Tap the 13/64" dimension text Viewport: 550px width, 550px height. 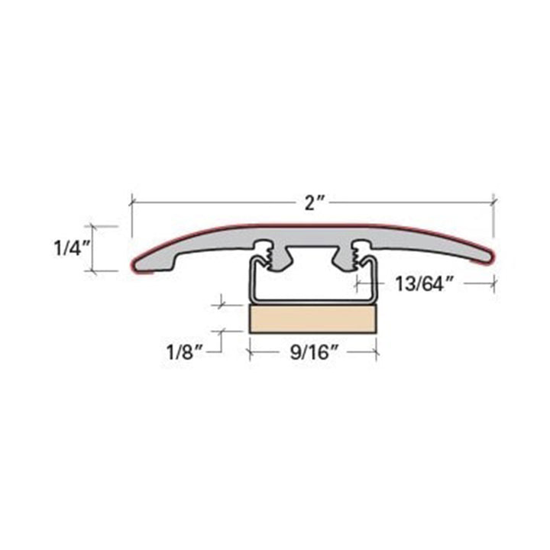tap(425, 283)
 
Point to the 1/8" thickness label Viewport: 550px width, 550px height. tap(185, 353)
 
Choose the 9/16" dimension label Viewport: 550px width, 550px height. tap(312, 354)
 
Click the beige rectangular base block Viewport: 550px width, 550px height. tap(312, 319)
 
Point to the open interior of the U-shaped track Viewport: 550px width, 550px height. tap(312, 286)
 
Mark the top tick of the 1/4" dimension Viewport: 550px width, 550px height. tap(93, 226)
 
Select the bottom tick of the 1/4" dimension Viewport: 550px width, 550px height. tap(93, 270)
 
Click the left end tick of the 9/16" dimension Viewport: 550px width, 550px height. tap(249, 353)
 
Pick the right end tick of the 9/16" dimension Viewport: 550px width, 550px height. tap(377, 353)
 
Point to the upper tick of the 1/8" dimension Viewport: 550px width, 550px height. tap(222, 306)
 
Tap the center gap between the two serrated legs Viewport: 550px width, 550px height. tap(312, 257)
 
